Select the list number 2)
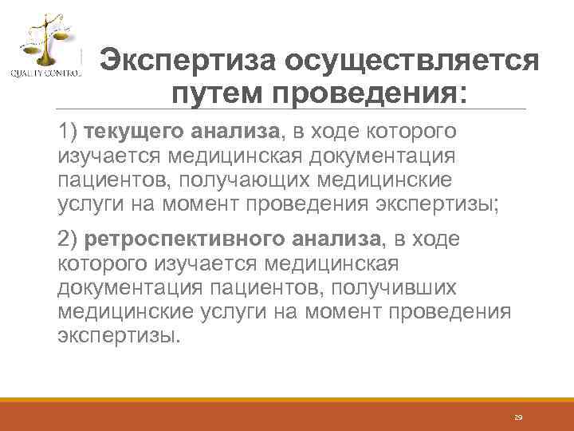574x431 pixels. (69, 239)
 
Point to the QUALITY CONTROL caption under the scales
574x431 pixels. (45, 74)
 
